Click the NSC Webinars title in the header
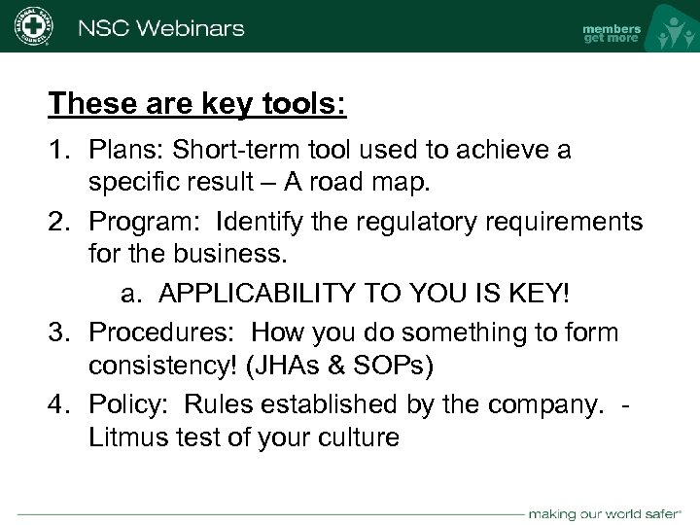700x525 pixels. coord(160,27)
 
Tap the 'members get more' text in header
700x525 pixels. coord(612,33)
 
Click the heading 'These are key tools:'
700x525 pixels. coord(197,102)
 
